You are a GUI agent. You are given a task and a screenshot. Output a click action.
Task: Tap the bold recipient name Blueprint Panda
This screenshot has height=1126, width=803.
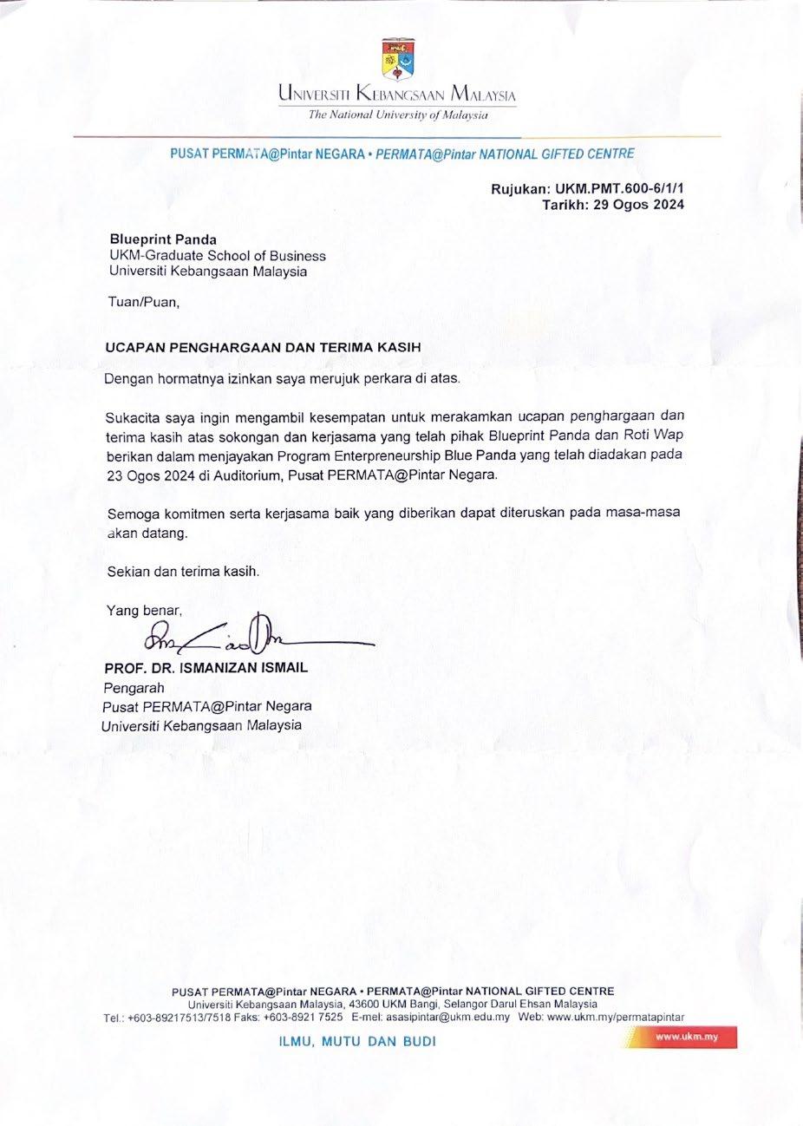163,239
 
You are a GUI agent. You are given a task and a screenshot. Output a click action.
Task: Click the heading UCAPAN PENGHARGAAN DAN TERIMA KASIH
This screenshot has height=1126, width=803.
263,347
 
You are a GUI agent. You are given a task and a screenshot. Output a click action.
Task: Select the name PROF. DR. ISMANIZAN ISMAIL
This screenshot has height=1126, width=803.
206,669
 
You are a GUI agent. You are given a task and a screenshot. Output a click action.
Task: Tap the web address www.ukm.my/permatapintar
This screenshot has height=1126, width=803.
617,1017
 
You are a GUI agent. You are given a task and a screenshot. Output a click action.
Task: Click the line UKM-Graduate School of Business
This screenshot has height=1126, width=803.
218,256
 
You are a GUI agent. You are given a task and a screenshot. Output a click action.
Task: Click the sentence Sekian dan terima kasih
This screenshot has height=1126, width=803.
183,572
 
